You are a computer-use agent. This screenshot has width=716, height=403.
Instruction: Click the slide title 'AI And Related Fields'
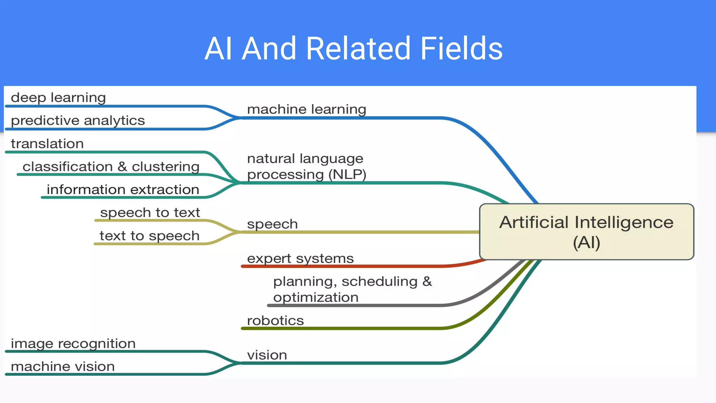353,48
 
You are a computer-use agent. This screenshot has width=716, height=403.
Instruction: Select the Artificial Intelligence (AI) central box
586,232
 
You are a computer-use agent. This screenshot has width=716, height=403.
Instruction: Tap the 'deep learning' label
58,97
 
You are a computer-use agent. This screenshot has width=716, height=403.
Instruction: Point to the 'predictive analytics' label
78,120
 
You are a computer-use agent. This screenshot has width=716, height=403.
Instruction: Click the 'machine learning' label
307,109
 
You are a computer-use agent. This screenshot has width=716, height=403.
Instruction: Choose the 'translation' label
47,143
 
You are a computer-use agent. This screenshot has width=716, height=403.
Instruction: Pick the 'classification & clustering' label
111,167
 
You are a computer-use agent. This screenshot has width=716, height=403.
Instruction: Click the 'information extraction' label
123,190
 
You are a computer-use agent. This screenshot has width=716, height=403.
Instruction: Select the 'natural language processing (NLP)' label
306,167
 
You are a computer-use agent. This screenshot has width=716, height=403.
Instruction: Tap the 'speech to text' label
150,212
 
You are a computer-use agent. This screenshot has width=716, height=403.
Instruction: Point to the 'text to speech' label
149,236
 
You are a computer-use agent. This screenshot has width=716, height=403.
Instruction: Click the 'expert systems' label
300,259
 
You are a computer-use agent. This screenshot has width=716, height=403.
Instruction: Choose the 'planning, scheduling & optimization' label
352,289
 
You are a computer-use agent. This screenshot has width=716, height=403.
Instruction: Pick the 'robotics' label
275,320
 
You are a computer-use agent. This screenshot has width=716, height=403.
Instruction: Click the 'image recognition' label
73,344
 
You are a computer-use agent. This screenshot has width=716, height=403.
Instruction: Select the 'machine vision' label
63,367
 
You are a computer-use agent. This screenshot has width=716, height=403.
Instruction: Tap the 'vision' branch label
267,355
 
